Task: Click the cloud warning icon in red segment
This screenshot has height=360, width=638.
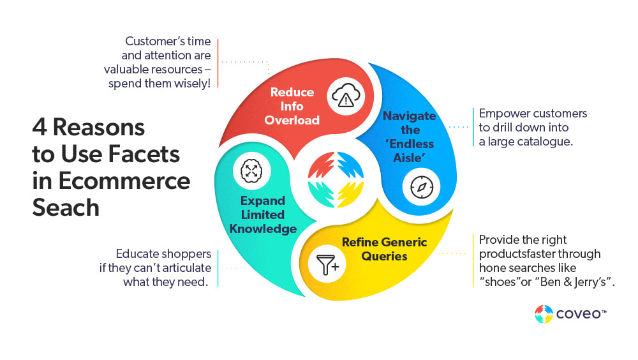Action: tap(346, 98)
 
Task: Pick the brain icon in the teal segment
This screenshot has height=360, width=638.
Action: tap(250, 170)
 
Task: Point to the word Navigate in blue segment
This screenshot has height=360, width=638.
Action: tap(409, 116)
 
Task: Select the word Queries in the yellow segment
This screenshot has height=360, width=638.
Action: tap(384, 256)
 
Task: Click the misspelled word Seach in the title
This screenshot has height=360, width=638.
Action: tap(66, 207)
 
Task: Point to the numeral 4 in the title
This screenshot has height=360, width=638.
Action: tap(39, 127)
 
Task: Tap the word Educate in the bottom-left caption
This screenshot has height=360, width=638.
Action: tap(137, 253)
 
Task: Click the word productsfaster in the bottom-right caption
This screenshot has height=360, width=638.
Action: tap(517, 254)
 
